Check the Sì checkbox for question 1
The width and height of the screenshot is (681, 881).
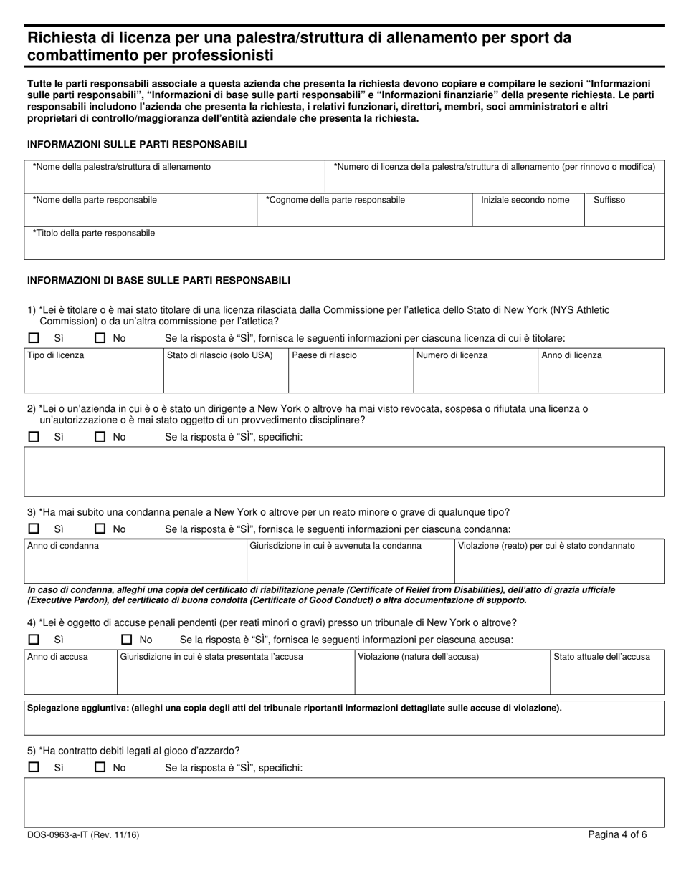tap(34, 338)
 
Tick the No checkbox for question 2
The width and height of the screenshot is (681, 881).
tap(100, 436)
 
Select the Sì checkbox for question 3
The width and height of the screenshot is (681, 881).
tap(34, 529)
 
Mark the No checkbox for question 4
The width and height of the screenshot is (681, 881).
tap(127, 640)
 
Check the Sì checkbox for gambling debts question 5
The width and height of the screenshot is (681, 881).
tap(34, 767)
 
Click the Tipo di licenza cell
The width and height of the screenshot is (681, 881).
tap(94, 371)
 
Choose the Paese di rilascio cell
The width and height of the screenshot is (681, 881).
tap(351, 371)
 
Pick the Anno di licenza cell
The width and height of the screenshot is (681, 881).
tap(601, 371)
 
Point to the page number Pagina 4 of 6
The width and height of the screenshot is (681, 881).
tap(617, 834)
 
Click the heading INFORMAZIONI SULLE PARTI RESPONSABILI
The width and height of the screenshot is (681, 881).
tap(137, 145)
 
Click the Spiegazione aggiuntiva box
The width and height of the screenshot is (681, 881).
tap(344, 718)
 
